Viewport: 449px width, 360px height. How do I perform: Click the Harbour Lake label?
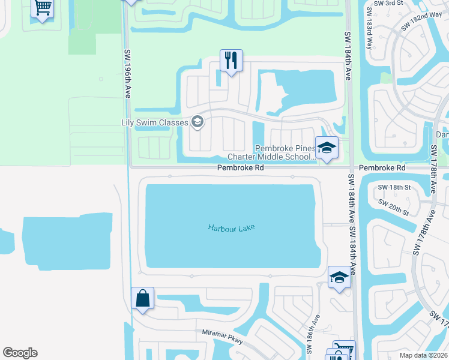click(231, 228)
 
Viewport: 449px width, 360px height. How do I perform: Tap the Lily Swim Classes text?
click(155, 122)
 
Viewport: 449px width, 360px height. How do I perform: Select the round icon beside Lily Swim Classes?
click(197, 123)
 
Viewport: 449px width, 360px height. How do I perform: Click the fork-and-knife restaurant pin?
click(231, 61)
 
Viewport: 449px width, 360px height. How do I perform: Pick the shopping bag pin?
click(143, 298)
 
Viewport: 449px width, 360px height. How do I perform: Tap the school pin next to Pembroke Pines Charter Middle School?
click(327, 148)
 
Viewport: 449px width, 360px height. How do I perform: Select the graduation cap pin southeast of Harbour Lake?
click(339, 278)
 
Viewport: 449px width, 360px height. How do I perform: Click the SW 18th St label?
click(394, 188)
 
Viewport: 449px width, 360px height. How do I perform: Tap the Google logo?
click(20, 353)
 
